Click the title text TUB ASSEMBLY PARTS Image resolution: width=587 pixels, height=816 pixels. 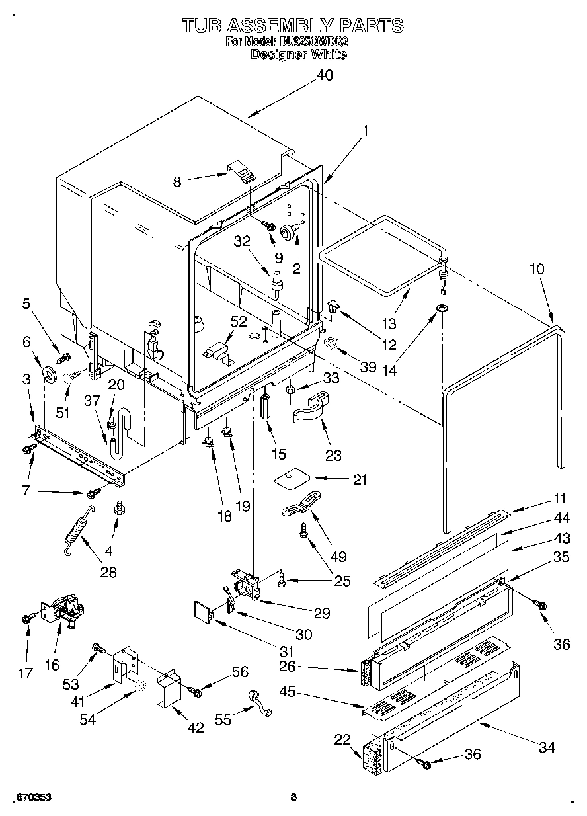293,26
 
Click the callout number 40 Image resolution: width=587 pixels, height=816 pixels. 325,75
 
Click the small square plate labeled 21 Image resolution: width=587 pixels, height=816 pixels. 292,478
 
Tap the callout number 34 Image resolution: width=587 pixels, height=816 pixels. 546,748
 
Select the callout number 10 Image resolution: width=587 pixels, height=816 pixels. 537,269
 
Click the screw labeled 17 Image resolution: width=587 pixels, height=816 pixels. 26,618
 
